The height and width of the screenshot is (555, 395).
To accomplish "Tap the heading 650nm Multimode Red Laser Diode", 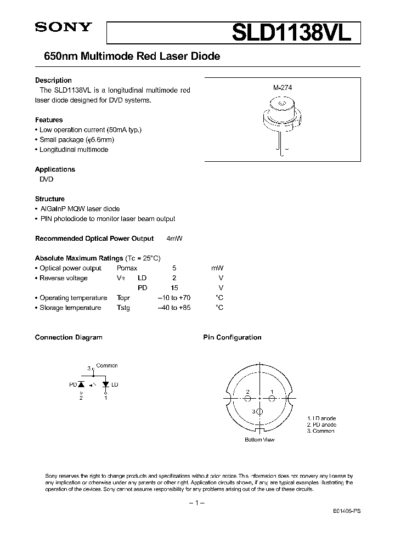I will click(127, 56).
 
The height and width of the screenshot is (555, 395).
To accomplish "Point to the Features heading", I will click(49, 120).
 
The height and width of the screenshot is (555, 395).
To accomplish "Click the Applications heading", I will click(55, 169).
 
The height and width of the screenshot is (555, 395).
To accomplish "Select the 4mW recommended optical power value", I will click(174, 239).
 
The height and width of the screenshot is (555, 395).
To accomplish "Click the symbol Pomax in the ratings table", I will click(127, 268).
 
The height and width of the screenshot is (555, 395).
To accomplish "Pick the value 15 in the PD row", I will click(174, 288).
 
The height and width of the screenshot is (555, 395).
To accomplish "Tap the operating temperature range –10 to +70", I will click(174, 298).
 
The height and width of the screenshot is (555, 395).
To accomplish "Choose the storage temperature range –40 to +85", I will click(174, 308).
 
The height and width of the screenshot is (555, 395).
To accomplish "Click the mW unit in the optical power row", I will click(217, 268).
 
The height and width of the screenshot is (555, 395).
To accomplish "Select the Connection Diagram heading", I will click(69, 337).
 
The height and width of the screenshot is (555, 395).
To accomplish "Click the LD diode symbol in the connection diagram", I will click(106, 385).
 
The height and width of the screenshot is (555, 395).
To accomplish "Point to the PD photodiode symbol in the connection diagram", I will click(82, 385).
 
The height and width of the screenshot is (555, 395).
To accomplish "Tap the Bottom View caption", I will click(259, 440).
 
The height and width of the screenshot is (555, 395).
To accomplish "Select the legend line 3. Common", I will click(320, 431).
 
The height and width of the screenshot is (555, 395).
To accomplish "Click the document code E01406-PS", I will click(346, 510).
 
